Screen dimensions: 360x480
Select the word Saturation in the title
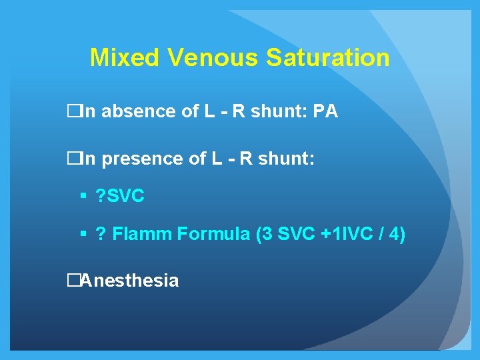[x=328, y=58]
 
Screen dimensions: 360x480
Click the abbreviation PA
[x=325, y=111]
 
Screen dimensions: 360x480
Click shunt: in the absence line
[x=277, y=111]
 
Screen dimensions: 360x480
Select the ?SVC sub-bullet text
[x=120, y=197]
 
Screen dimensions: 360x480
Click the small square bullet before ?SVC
[x=83, y=197]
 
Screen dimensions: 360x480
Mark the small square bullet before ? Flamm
[x=83, y=235]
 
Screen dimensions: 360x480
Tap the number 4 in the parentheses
[x=393, y=235]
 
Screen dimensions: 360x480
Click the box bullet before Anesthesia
[x=73, y=281]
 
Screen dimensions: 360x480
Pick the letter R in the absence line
[x=238, y=111]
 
